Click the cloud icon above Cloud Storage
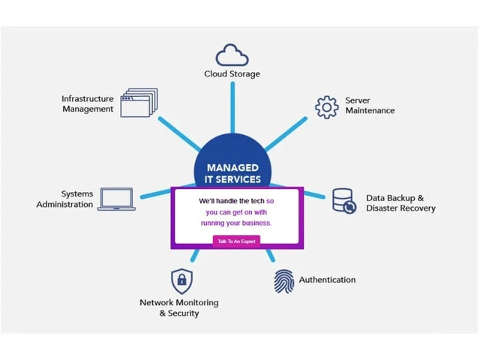click(x=232, y=55)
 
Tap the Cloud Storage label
click(x=232, y=74)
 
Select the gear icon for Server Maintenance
click(x=327, y=106)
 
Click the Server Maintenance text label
click(x=370, y=106)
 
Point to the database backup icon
click(x=343, y=201)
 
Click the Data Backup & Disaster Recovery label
click(x=400, y=203)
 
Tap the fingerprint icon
click(x=284, y=280)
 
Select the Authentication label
click(x=327, y=280)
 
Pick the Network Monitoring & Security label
click(x=179, y=307)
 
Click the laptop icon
click(x=115, y=199)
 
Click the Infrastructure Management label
click(x=88, y=103)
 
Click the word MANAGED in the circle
click(x=232, y=167)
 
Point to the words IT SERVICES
click(x=232, y=179)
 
